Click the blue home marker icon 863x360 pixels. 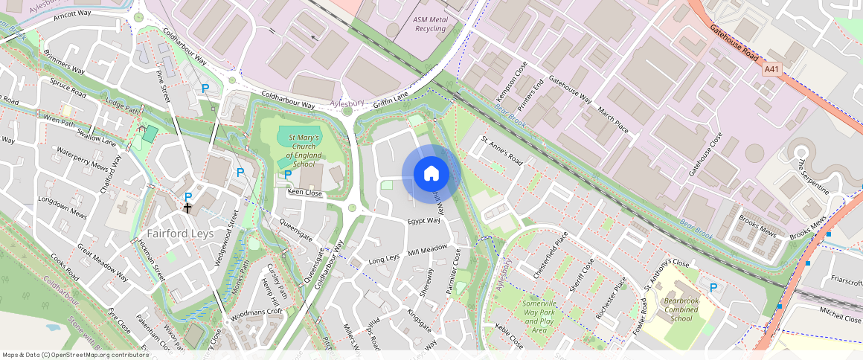pos(431,174)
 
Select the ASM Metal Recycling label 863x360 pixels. pos(431,24)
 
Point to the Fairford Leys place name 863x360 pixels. pos(180,234)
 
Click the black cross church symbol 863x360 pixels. pos(188,209)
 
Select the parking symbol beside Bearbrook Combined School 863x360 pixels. pos(714,288)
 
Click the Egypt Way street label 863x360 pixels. pos(423,221)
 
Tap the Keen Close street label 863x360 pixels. pos(305,193)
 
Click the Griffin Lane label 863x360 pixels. pos(391,97)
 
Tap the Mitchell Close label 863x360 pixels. pos(840,318)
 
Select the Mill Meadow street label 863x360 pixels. pos(428,249)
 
